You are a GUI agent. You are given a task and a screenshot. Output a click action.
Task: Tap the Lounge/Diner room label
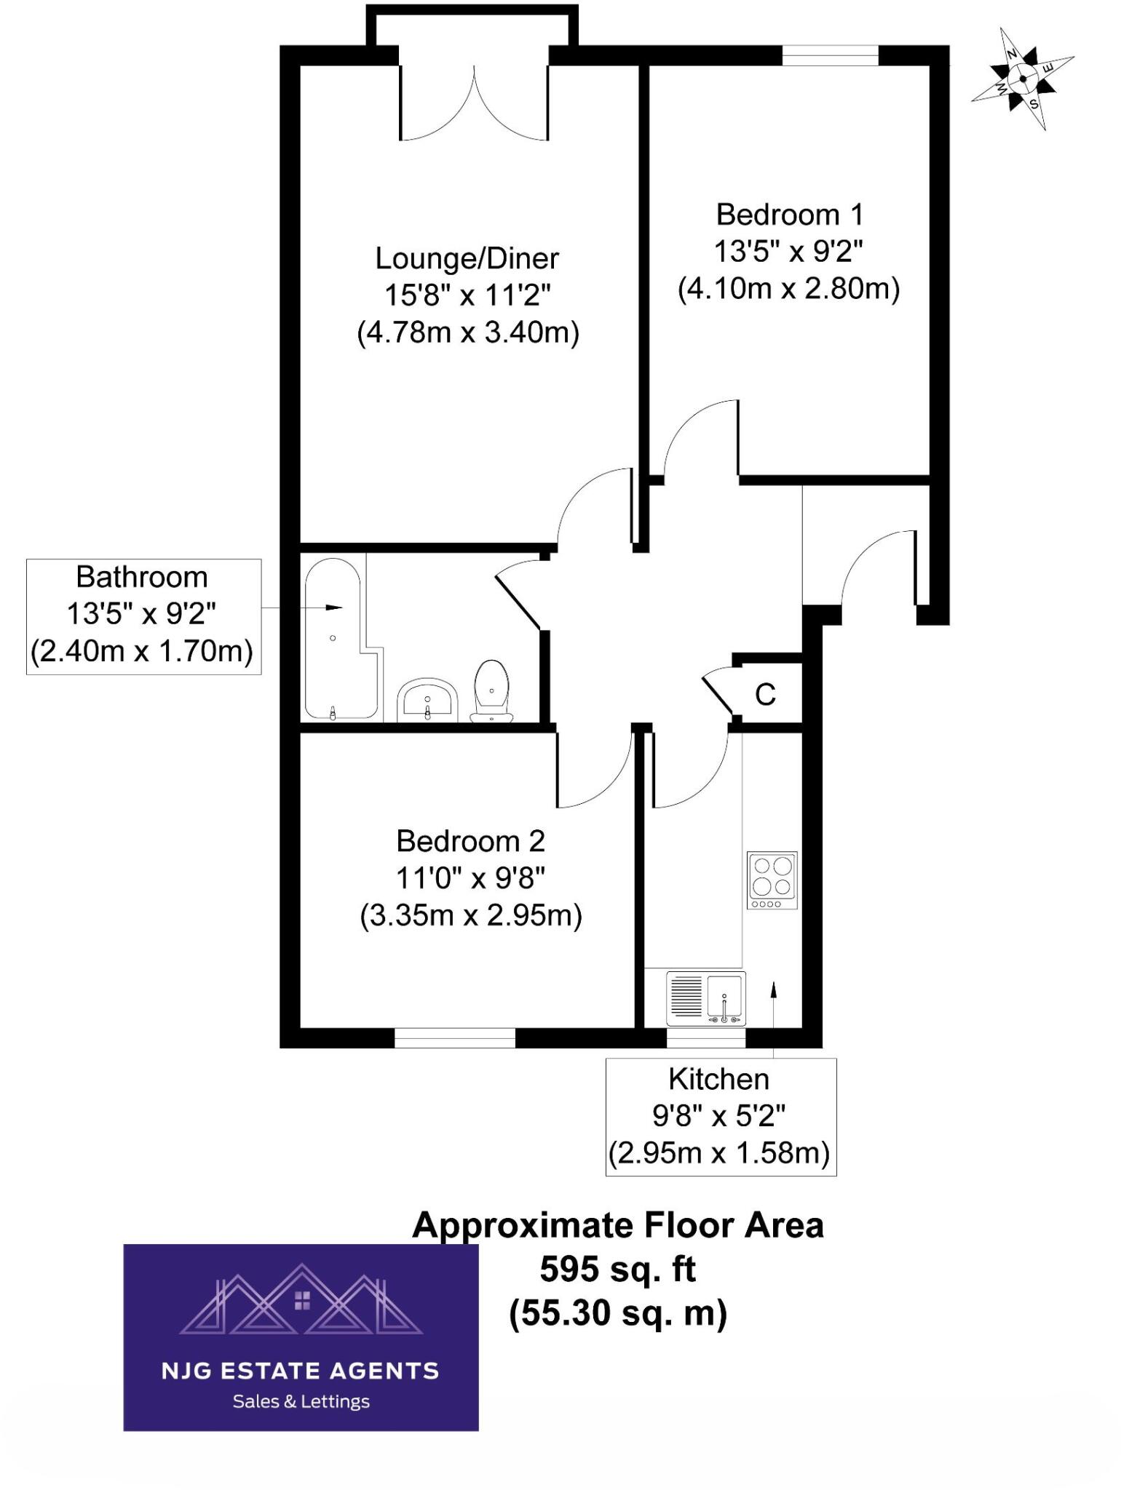[467, 259]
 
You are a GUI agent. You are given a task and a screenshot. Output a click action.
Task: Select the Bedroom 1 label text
[789, 215]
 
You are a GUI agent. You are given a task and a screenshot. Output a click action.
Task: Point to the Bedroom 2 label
[470, 842]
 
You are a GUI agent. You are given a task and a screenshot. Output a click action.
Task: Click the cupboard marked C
[766, 695]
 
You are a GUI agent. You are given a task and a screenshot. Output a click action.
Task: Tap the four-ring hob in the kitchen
[772, 880]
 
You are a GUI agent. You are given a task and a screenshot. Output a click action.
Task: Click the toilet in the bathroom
[491, 690]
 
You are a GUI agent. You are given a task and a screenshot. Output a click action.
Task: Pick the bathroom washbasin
[427, 700]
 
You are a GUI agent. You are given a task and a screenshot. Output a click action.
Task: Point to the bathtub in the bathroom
[333, 639]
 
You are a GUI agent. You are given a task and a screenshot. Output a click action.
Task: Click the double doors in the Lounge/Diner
[474, 105]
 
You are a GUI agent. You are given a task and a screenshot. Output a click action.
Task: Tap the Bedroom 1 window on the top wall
[831, 55]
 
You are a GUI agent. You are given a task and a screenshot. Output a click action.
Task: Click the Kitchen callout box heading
[718, 1080]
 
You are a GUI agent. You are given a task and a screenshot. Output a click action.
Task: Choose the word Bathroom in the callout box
[142, 578]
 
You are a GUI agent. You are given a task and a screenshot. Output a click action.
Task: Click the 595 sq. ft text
[617, 1270]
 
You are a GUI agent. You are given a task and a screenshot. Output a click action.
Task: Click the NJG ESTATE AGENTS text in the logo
[300, 1371]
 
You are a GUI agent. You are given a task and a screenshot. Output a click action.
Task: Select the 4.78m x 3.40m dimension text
[468, 333]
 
